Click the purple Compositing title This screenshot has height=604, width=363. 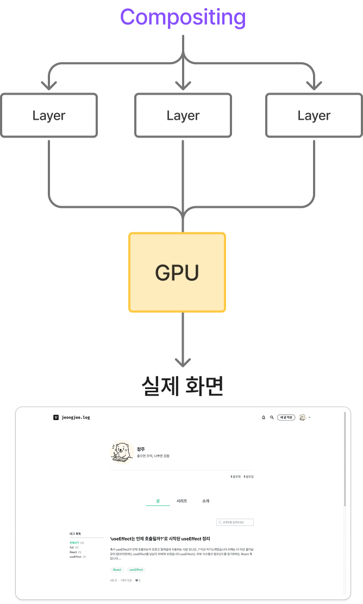point(183,17)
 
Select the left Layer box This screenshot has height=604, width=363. point(49,115)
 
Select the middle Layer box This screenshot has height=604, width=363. point(183,115)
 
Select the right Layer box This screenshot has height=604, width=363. point(314,115)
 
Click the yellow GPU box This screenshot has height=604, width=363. point(177,273)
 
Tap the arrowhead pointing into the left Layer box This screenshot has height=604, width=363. point(49,85)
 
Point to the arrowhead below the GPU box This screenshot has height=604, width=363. point(183,361)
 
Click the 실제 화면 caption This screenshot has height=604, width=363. point(183,386)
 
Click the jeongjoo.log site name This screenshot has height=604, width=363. point(76,417)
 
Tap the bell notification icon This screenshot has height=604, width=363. point(264,417)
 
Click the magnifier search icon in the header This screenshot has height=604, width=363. point(272,417)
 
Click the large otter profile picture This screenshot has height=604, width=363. point(122,452)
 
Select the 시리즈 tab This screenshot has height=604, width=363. point(181,501)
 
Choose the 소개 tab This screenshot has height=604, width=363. point(205,501)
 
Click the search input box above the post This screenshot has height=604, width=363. point(235,522)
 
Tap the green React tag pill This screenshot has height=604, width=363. point(117,570)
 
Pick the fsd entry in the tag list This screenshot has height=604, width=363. point(72,547)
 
